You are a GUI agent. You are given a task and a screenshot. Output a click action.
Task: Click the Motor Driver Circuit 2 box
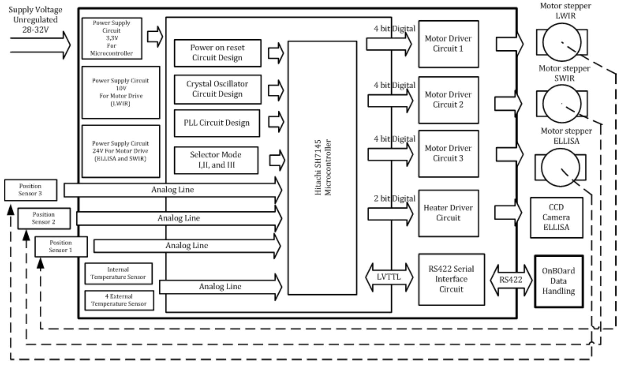448,100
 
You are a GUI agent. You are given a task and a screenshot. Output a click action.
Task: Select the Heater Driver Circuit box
448,213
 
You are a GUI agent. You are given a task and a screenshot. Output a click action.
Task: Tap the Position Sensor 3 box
30,190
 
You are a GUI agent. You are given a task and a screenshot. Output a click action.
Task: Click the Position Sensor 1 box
61,247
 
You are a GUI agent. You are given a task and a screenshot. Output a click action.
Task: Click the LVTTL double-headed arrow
389,277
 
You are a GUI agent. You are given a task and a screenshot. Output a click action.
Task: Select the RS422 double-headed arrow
511,280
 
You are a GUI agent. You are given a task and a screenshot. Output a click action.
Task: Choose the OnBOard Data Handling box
559,281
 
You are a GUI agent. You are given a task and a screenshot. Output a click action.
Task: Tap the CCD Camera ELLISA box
556,217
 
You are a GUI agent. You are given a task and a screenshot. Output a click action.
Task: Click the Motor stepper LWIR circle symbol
562,42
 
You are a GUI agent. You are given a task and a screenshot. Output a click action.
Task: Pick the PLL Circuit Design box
217,123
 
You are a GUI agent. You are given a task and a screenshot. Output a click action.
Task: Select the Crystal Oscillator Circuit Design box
217,89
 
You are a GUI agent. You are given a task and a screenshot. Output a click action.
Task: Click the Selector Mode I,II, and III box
216,160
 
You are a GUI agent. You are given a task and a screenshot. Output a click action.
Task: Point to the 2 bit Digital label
394,199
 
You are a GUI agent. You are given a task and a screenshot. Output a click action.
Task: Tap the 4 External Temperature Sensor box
119,300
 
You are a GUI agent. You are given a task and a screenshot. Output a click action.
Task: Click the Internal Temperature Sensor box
118,274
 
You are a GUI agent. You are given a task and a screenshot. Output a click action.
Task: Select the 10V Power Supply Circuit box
121,92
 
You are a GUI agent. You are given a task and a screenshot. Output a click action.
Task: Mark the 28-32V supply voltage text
36,30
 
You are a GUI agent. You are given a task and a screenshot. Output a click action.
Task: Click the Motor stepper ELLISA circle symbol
560,167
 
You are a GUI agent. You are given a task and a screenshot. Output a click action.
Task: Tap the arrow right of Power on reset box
276,53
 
